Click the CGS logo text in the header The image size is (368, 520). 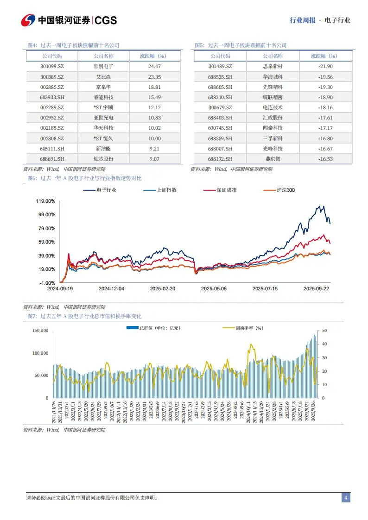106,20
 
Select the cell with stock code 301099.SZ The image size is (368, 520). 52,66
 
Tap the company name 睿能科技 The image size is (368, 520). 103,97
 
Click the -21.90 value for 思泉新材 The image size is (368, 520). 324,66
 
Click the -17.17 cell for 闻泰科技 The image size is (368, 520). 324,128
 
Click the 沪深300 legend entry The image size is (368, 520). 285,190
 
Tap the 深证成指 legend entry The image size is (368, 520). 226,190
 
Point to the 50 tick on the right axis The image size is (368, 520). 325,331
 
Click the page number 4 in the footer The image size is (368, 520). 346,498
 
